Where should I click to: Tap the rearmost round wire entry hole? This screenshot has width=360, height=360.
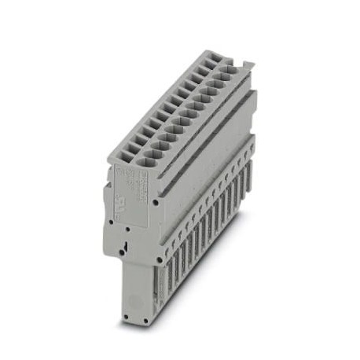(225, 71)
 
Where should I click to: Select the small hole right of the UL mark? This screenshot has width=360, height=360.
(157, 202)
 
